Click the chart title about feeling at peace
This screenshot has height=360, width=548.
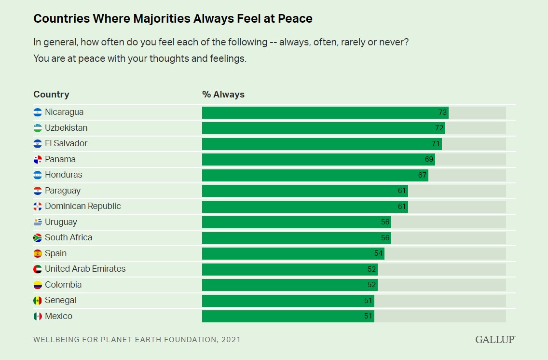[173, 19]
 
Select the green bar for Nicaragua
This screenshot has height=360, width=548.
[325, 112]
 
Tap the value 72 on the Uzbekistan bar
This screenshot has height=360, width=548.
[439, 128]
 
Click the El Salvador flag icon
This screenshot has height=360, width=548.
[38, 144]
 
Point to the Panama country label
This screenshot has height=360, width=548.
[60, 159]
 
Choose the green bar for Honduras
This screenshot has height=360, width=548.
[315, 175]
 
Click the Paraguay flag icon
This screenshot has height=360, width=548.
[38, 191]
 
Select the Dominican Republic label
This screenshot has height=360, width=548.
[82, 206]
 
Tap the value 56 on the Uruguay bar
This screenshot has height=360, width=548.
[385, 222]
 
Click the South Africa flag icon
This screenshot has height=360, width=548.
[38, 238]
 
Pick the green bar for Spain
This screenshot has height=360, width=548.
[292, 253]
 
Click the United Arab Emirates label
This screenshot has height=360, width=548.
[85, 269]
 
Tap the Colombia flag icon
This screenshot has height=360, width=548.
[38, 285]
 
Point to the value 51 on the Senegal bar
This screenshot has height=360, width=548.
[368, 301]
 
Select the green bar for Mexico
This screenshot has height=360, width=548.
[288, 316]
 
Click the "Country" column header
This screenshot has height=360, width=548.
[51, 95]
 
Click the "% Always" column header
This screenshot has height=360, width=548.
[223, 95]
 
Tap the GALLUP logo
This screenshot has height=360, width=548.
[495, 339]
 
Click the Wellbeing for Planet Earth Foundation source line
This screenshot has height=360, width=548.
[137, 339]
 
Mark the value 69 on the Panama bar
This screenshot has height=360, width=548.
[429, 159]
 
